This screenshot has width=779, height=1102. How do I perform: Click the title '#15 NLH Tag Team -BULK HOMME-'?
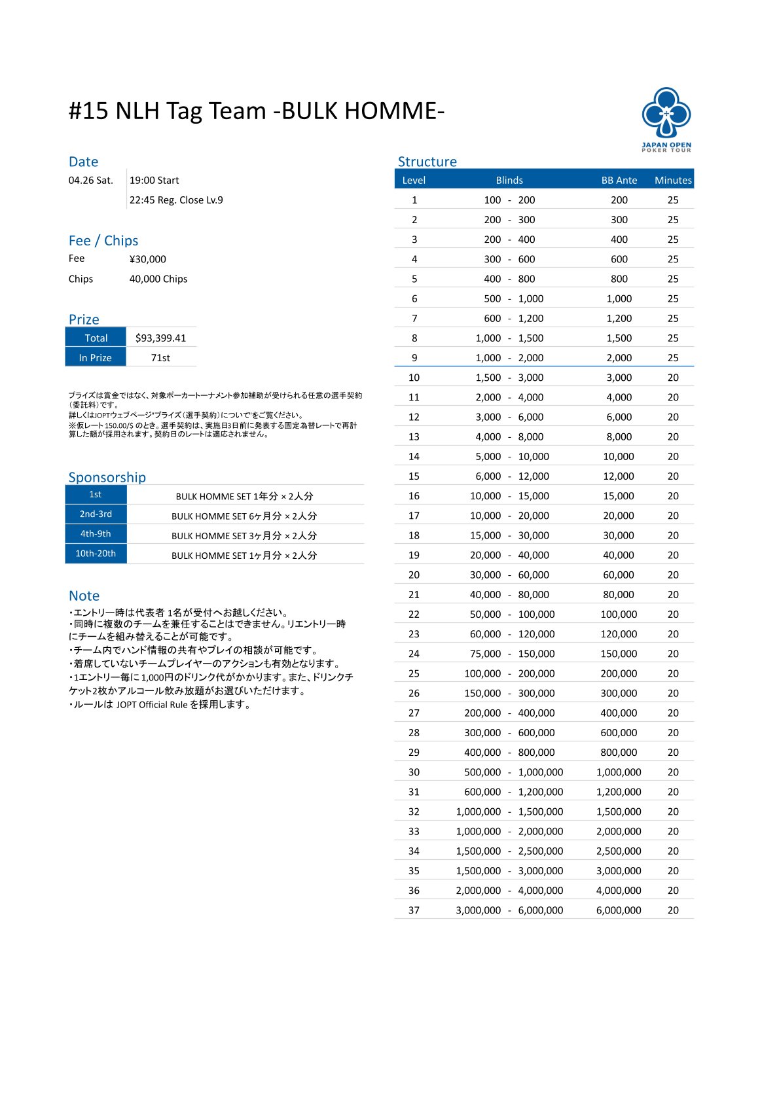pyautogui.click(x=257, y=111)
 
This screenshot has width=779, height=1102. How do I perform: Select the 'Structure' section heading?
pyautogui.click(x=427, y=162)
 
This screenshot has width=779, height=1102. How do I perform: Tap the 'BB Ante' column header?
pyautogui.click(x=619, y=180)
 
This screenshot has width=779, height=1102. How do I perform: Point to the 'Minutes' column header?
pyautogui.click(x=672, y=180)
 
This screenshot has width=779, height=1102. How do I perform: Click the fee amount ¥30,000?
pyautogui.click(x=147, y=259)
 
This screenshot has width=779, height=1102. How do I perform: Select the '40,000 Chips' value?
pyautogui.click(x=158, y=279)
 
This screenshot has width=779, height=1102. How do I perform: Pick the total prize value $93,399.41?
pyautogui.click(x=160, y=338)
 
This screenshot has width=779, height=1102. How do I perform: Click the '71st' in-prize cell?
pyautogui.click(x=160, y=357)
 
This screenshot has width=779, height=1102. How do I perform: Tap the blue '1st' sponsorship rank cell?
pyautogui.click(x=96, y=495)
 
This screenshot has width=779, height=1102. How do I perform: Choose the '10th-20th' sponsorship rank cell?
pyautogui.click(x=96, y=554)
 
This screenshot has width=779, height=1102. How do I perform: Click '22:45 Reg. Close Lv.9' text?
pyautogui.click(x=176, y=200)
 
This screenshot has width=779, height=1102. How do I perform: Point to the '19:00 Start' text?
pyautogui.click(x=154, y=181)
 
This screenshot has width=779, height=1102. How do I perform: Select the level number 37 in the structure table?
pyautogui.click(x=414, y=910)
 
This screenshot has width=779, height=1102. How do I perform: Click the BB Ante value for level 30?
pyautogui.click(x=619, y=772)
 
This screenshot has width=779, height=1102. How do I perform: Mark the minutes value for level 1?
pyautogui.click(x=673, y=200)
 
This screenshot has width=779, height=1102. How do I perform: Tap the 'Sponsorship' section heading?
pyautogui.click(x=107, y=477)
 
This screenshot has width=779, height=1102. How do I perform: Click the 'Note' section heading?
pyautogui.click(x=84, y=595)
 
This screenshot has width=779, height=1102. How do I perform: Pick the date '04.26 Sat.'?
pyautogui.click(x=90, y=181)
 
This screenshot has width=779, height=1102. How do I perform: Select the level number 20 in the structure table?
pyautogui.click(x=414, y=575)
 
